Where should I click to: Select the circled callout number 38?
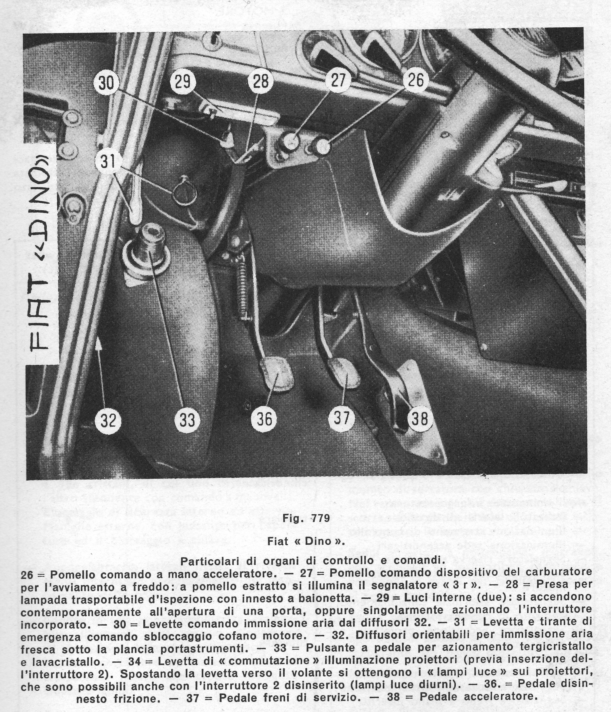tap(420, 419)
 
